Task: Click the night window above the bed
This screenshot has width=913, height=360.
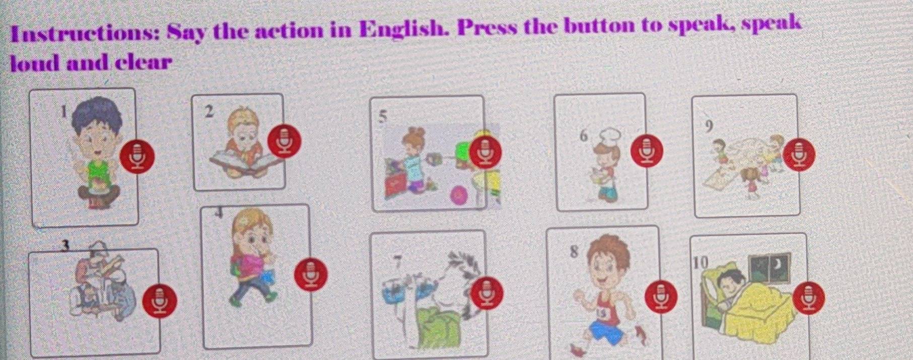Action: pyautogui.click(x=769, y=266)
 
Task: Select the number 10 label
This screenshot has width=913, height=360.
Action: pyautogui.click(x=700, y=262)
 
